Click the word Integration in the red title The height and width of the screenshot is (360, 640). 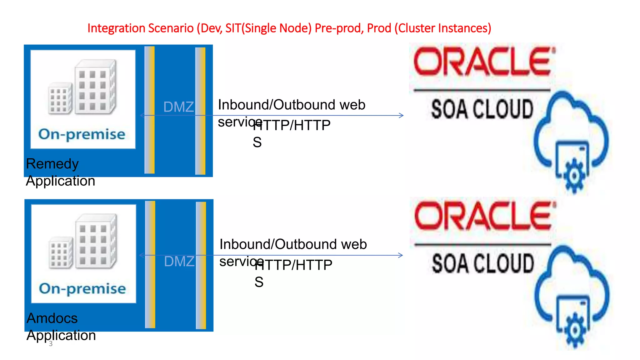116,28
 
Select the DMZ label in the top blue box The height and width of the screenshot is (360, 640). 178,107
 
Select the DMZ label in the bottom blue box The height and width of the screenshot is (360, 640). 179,261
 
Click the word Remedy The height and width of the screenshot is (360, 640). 52,164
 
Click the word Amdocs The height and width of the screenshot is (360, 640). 52,318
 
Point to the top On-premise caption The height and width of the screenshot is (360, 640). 82,134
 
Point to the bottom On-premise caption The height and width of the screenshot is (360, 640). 82,288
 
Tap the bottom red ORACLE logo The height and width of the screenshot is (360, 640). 484,216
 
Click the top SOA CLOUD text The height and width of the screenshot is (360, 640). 482,109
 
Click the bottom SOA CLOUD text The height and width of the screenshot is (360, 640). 483,263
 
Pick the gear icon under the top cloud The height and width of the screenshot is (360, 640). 574,176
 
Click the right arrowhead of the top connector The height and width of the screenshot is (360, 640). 402,116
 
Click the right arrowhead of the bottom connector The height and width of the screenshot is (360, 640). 401,255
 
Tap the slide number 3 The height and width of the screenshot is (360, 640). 51,344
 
